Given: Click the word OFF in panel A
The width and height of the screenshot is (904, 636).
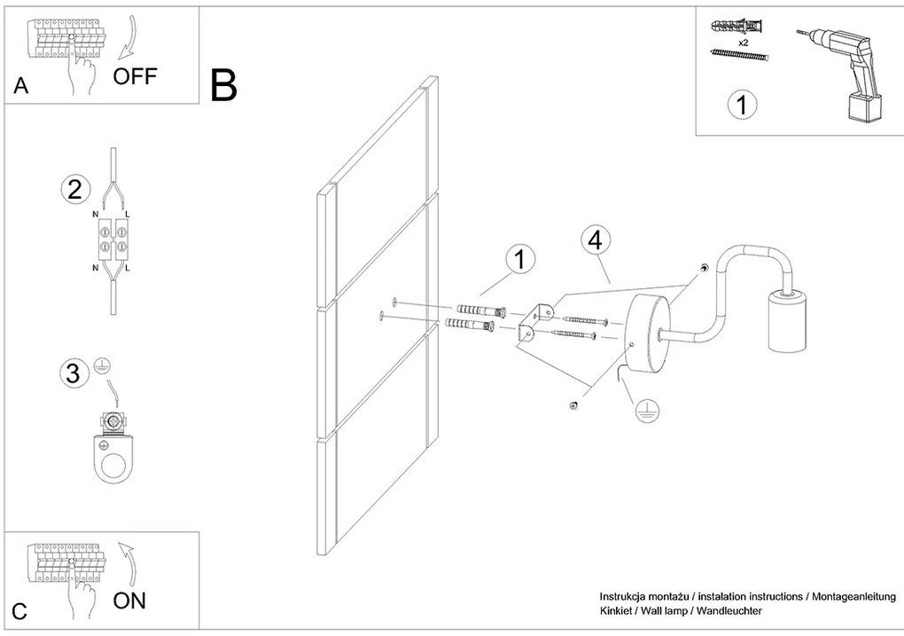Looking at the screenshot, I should (x=135, y=75).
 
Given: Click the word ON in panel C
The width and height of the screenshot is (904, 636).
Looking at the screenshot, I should (x=129, y=601).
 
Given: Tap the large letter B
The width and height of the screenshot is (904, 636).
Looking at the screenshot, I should (x=224, y=85).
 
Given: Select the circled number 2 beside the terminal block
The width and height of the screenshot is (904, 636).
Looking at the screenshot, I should (x=75, y=189).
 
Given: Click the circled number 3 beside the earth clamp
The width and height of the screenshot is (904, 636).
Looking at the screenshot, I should (x=74, y=373).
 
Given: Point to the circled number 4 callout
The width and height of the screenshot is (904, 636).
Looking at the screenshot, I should (x=596, y=239).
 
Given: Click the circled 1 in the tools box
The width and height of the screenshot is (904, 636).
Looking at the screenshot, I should (x=742, y=105).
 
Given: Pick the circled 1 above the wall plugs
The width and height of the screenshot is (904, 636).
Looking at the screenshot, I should (x=520, y=261).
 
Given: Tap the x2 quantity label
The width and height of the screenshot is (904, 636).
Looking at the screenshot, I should (x=744, y=42).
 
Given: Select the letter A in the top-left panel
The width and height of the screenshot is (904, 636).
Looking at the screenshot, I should (x=20, y=86).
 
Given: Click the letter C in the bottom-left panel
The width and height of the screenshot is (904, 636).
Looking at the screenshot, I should (x=20, y=611).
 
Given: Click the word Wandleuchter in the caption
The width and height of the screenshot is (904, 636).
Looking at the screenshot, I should (x=728, y=611).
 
